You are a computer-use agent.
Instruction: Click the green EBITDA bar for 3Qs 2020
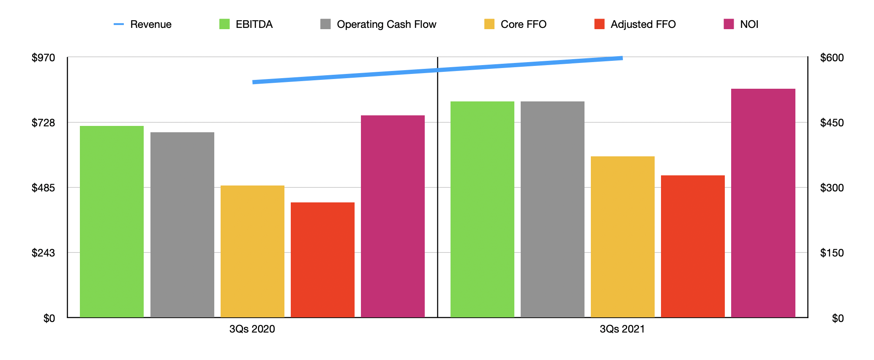click(112, 221)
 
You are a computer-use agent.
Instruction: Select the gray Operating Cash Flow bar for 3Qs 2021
click(552, 209)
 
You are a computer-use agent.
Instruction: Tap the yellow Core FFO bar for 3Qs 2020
click(252, 251)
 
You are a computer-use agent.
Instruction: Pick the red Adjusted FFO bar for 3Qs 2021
click(693, 246)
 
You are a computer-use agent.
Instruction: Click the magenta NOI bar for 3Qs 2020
click(393, 216)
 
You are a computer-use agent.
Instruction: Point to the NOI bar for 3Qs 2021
click(763, 203)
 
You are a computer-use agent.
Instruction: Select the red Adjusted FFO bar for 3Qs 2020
click(322, 259)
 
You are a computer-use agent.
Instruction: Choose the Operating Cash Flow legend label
click(386, 25)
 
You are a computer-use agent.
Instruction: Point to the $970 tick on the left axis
click(44, 57)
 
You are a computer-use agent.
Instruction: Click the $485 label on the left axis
click(44, 188)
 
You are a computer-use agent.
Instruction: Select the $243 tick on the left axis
click(44, 253)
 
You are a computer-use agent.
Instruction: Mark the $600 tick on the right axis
click(831, 57)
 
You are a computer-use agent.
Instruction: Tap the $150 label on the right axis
click(831, 253)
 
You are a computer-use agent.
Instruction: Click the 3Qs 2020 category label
click(252, 329)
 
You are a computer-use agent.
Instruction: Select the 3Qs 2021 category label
click(622, 329)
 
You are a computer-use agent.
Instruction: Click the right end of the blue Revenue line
click(622, 58)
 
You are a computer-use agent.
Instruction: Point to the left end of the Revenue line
click(254, 82)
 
